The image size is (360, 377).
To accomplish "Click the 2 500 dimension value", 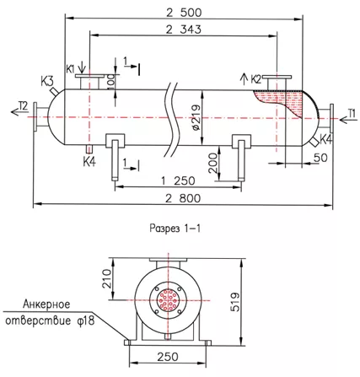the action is click(184, 13).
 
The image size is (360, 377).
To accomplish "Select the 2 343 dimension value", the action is click(184, 30).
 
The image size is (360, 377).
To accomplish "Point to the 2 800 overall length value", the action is click(183, 198).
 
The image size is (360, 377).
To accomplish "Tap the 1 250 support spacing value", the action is click(178, 180).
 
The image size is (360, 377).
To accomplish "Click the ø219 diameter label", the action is click(197, 117).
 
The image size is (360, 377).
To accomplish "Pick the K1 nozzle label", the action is click(70, 69).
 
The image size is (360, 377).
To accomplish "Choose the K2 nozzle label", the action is click(255, 79).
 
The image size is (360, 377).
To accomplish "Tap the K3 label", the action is click(46, 82).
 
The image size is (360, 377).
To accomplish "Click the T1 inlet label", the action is click(352, 113).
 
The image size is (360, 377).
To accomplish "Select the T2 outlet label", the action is click(24, 106).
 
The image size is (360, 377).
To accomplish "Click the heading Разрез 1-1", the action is click(175, 229).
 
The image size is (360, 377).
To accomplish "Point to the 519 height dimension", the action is click(235, 302).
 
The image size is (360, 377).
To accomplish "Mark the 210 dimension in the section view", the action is click(107, 278).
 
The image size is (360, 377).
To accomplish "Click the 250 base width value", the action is click(168, 357).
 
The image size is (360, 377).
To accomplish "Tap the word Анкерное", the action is click(46, 304).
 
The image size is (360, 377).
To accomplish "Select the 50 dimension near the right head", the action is click(320, 158).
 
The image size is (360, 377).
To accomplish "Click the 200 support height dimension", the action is click(213, 163).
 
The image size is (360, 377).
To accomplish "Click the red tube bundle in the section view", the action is click(168, 300).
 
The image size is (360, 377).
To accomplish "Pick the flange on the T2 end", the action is click(35, 117).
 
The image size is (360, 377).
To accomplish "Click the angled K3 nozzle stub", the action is click(54, 91).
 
